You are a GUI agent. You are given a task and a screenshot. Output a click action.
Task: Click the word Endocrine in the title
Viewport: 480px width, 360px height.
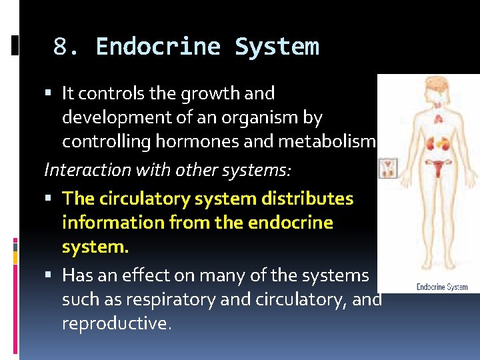[158, 47]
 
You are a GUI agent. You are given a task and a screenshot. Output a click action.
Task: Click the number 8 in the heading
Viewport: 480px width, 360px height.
[61, 47]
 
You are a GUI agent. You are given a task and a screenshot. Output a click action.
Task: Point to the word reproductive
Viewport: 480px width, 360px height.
[117, 323]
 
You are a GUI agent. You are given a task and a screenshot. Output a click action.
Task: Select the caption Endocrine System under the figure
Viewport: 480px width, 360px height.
[442, 287]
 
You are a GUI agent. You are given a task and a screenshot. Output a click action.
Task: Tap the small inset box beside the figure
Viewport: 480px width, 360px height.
[388, 168]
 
